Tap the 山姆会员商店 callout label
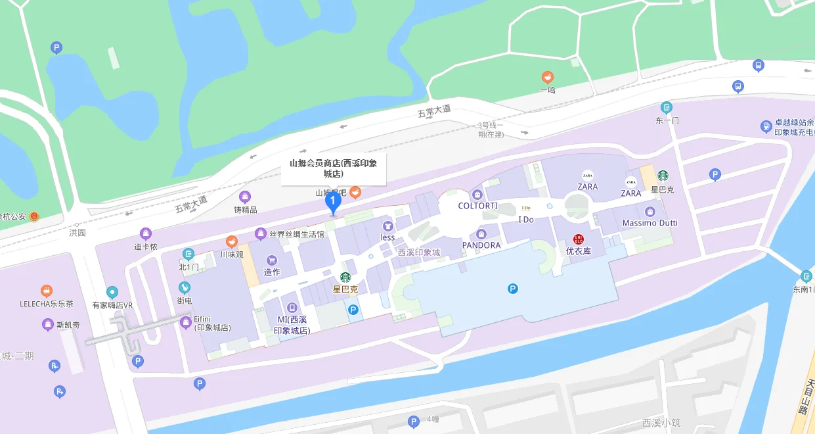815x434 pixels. tap(334, 168)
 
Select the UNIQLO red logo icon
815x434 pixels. tap(579, 239)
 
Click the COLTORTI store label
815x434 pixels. tap(477, 206)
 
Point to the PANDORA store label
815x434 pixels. tap(481, 245)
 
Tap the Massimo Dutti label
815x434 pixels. tap(650, 223)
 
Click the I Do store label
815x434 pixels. tap(526, 220)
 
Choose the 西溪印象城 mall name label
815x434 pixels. tap(418, 252)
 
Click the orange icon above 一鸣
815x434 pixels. tap(547, 78)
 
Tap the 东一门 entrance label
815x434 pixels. tap(667, 120)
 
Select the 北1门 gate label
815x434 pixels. tap(188, 267)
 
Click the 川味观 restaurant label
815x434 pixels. tap(231, 254)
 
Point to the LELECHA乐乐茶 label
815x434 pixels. tap(46, 304)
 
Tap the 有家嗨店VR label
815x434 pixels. tap(112, 305)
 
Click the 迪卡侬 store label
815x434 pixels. tap(146, 247)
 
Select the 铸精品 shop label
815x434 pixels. tap(245, 210)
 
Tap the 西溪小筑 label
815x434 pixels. tap(662, 423)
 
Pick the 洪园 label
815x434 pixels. tap(77, 233)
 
